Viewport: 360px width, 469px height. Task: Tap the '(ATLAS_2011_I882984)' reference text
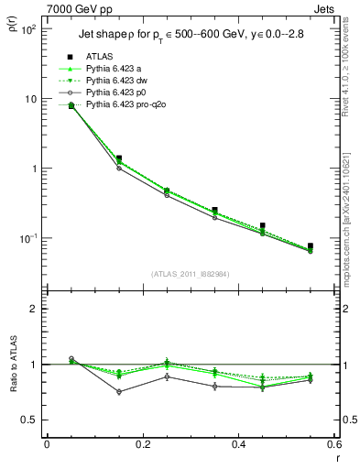191,275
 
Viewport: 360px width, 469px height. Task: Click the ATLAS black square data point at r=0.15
119,158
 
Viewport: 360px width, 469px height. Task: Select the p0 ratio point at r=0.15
119,392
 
